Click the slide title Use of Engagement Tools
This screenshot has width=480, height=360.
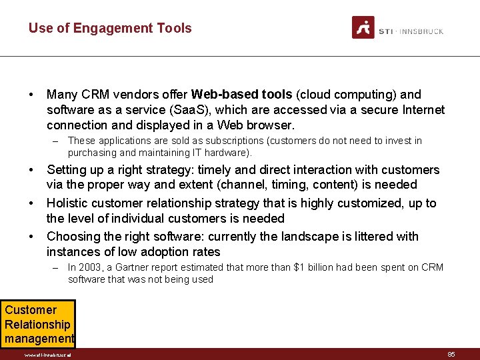[110, 28]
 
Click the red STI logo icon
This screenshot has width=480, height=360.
[363, 27]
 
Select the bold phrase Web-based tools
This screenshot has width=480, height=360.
[242, 95]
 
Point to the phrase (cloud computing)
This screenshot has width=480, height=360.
[347, 95]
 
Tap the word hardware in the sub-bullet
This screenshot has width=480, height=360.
[227, 153]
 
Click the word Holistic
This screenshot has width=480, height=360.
[68, 203]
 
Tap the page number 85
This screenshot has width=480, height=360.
[451, 355]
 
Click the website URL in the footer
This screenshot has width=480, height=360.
[47, 355]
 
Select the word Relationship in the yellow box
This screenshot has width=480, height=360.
[37, 325]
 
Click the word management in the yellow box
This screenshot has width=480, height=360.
[39, 339]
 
